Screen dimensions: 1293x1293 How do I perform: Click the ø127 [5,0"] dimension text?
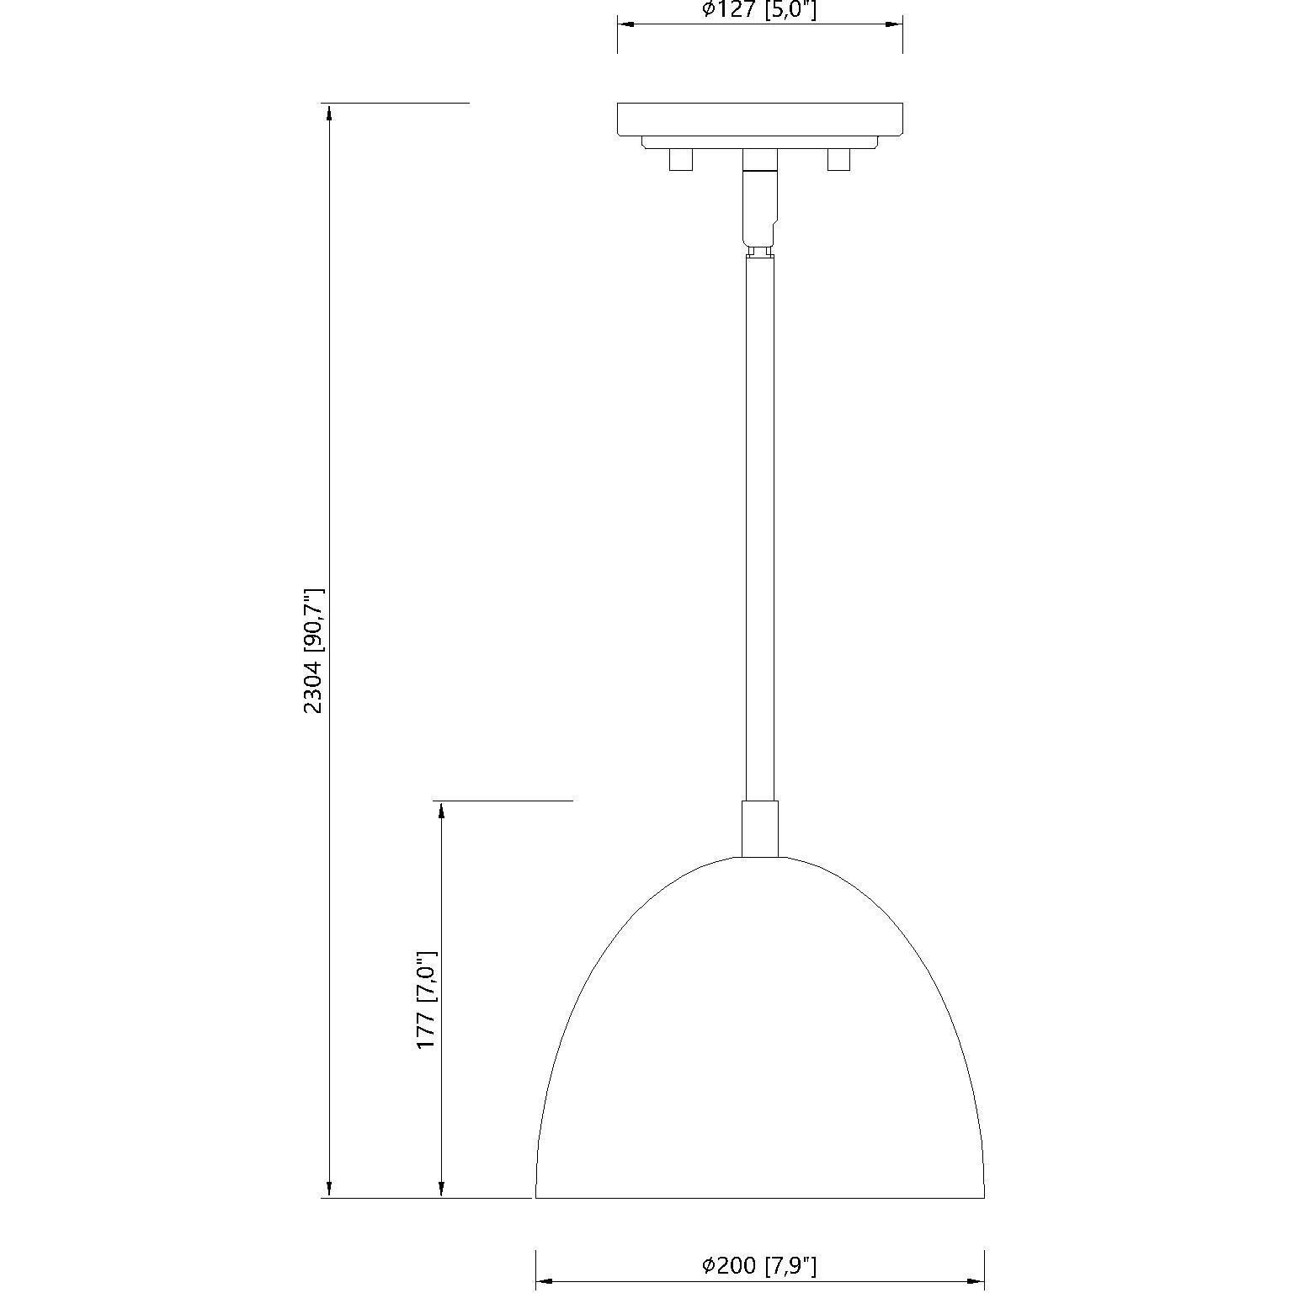point(759,10)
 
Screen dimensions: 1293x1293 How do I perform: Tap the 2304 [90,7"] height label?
point(314,651)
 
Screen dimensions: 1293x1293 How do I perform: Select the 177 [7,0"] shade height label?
point(427,999)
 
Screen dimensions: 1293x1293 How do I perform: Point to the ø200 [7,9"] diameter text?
point(759,1264)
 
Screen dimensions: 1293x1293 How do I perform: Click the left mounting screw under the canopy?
point(680,159)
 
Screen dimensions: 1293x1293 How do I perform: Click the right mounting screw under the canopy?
point(838,159)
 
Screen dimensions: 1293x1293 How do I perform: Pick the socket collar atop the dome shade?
point(759,828)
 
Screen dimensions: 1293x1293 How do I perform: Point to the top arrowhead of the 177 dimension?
point(439,811)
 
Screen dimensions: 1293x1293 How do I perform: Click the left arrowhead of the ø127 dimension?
point(627,25)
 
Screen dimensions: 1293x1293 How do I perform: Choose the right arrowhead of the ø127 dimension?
point(893,25)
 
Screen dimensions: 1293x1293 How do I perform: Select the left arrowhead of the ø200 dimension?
point(545,1282)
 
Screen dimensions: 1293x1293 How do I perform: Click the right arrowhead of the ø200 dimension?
point(975,1282)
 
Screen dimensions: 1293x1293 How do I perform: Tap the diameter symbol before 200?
point(709,1264)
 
